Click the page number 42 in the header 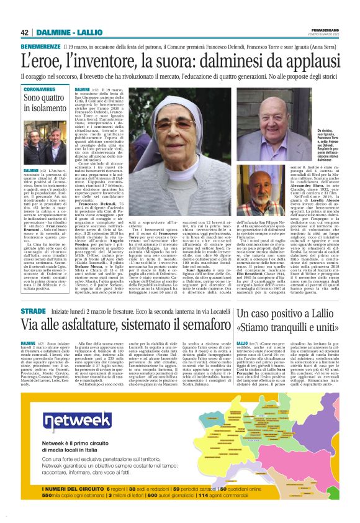click(x=25, y=32)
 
